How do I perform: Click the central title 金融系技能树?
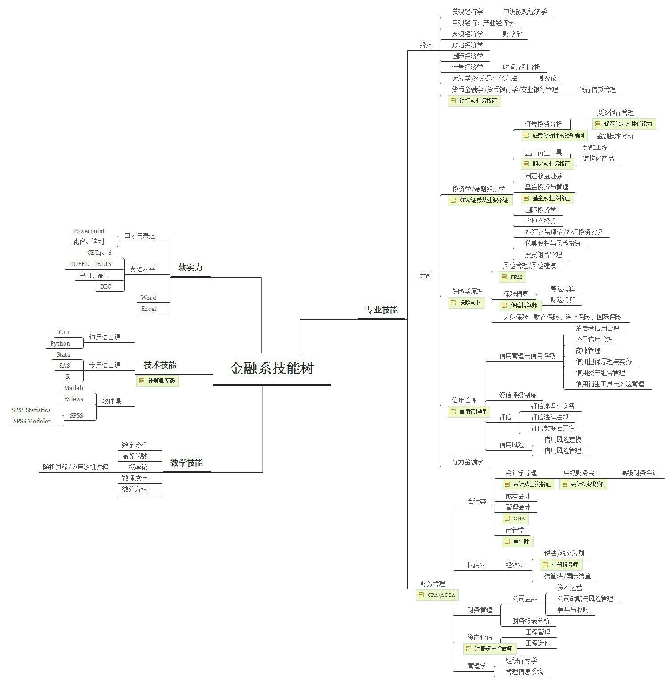point(271,369)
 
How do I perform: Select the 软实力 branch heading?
point(190,268)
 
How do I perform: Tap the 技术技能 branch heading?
point(160,365)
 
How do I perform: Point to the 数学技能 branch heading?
point(186,463)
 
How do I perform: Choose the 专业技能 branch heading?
point(381,310)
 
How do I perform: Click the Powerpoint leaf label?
point(89,231)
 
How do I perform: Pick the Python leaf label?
point(60,344)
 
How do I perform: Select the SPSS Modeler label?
point(32,422)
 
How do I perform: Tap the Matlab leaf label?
point(73,388)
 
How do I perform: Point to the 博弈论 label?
point(547,79)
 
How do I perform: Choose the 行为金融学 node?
point(467,462)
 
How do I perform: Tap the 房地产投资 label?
point(540,221)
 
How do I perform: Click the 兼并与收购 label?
point(573,610)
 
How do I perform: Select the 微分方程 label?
point(134,490)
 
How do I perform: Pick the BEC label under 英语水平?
point(105,287)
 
